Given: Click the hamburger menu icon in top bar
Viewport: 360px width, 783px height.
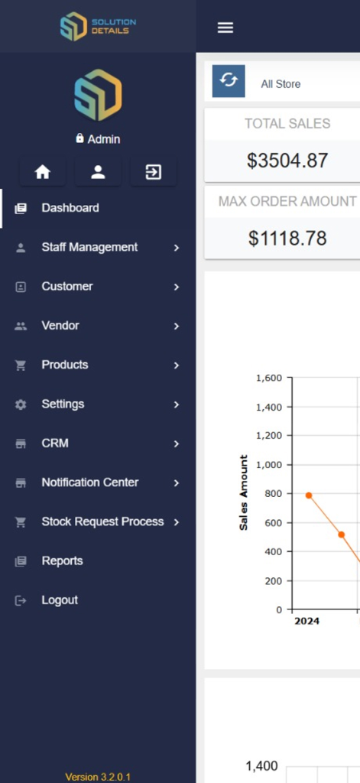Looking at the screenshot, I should [x=225, y=28].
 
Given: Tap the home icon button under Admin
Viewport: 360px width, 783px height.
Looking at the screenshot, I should [x=43, y=172].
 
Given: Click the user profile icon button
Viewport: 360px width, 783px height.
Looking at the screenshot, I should [x=98, y=172].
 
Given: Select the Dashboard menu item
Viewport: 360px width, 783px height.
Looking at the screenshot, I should [x=70, y=208].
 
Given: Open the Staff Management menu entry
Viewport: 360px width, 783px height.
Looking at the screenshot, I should [x=89, y=247].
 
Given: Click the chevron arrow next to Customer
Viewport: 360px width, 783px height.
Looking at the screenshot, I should [x=177, y=287].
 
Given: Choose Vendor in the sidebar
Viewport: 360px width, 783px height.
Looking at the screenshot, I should [x=60, y=326].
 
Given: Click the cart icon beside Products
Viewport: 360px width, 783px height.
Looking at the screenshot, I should [x=21, y=366].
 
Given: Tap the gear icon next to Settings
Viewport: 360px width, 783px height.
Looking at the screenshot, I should [x=21, y=404].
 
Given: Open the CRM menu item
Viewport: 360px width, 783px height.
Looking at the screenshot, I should [x=55, y=443].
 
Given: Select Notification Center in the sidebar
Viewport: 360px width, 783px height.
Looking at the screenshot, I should [x=90, y=482].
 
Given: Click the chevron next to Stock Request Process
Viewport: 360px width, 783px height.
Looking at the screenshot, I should [x=177, y=522].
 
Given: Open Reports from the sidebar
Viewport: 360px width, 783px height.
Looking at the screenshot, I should [x=62, y=561].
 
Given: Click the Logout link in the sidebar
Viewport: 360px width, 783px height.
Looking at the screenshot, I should [x=60, y=600].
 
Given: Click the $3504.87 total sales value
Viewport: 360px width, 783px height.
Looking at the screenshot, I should [x=287, y=161].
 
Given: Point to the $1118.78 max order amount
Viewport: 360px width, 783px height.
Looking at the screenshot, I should [x=287, y=239].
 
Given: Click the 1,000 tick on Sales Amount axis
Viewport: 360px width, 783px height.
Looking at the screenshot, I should [x=269, y=465].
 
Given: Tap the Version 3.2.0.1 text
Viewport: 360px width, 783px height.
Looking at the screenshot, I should [x=98, y=777].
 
